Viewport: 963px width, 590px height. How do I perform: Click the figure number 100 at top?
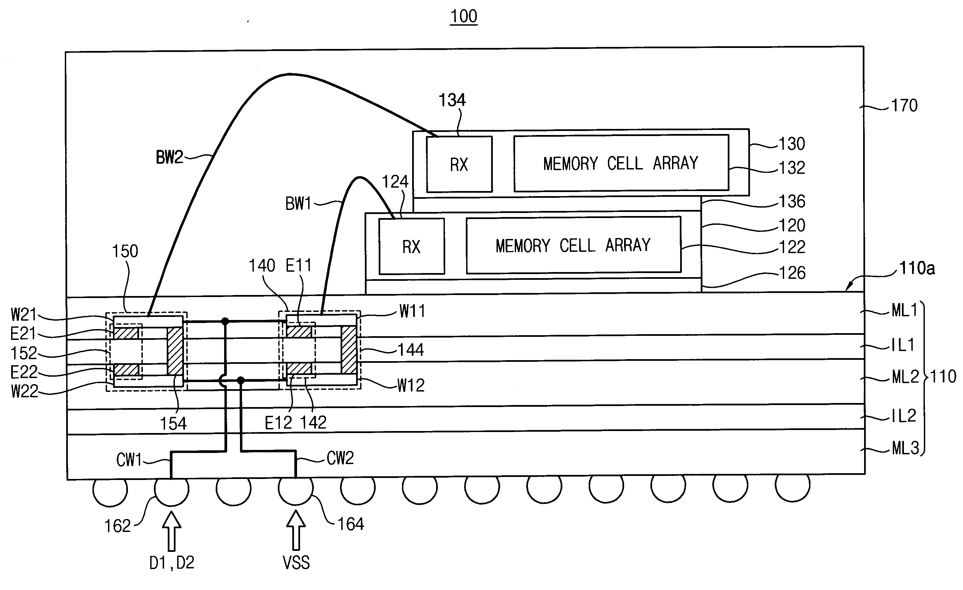click(463, 17)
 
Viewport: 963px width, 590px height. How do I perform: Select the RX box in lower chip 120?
click(411, 246)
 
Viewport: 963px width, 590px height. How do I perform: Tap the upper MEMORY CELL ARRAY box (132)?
click(621, 163)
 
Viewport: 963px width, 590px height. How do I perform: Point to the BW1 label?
click(298, 204)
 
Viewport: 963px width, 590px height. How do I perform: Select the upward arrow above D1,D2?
click(171, 531)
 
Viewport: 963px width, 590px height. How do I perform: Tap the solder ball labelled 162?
click(171, 489)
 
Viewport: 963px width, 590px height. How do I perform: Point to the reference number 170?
click(904, 106)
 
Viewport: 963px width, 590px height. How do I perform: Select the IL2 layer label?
click(904, 416)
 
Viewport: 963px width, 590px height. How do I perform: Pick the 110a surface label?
click(917, 268)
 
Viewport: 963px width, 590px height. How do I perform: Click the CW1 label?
click(129, 460)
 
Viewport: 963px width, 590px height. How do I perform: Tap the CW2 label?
click(340, 458)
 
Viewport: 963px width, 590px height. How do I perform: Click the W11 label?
click(412, 312)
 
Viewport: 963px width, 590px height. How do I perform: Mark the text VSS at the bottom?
click(296, 563)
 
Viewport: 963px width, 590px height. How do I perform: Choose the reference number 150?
click(125, 251)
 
